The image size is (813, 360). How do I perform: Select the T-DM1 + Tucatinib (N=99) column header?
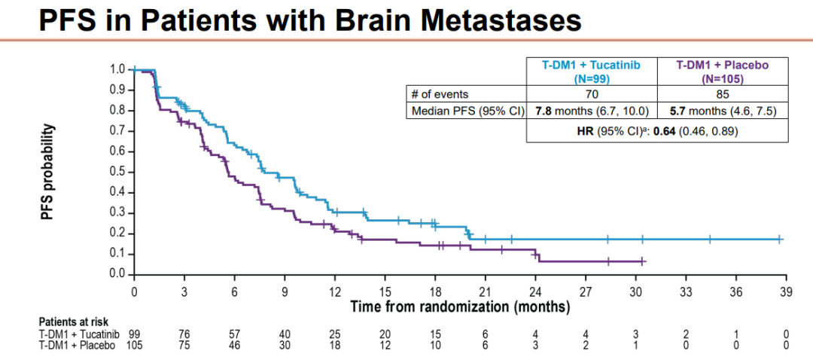point(592,71)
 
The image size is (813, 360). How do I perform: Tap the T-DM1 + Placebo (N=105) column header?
point(723,71)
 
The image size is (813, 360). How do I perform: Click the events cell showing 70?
point(592,94)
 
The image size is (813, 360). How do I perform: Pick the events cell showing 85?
point(723,94)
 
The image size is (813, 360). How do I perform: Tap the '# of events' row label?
point(440,94)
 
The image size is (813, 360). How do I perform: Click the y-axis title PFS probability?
point(47,172)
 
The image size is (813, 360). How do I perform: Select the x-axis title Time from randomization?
point(460,307)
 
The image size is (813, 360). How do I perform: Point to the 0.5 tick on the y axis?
point(117,171)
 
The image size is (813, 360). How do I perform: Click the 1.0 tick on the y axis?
point(117,69)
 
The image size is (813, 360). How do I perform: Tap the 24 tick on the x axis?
point(536,291)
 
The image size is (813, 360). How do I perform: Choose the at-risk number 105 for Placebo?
point(134,345)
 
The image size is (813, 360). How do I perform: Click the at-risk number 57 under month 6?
point(235,334)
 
